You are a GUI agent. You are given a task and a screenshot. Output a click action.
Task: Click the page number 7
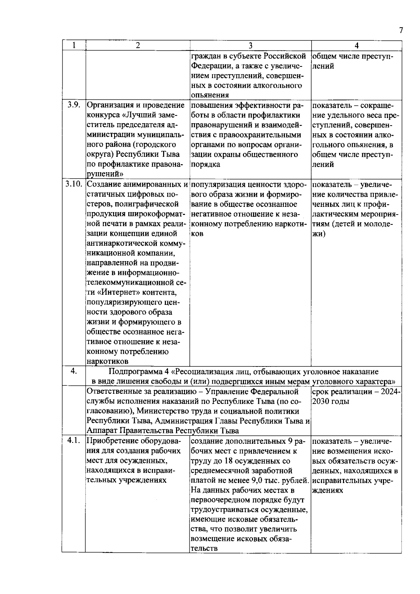(401, 30)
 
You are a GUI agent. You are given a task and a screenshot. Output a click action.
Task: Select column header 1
(73, 45)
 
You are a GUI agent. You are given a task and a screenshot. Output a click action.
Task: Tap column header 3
(250, 46)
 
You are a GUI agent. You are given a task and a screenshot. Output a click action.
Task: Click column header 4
(356, 46)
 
